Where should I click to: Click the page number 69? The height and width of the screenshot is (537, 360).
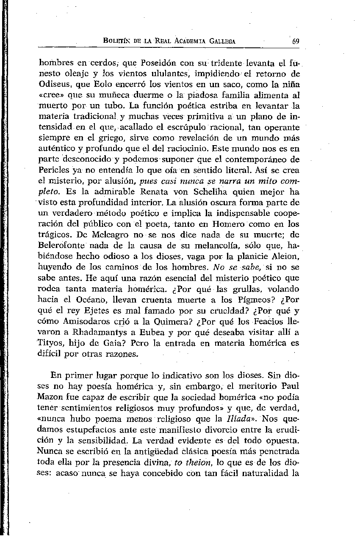point(296,41)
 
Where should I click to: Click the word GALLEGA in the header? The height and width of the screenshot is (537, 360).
point(221,41)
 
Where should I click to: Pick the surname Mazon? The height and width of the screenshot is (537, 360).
point(63,397)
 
